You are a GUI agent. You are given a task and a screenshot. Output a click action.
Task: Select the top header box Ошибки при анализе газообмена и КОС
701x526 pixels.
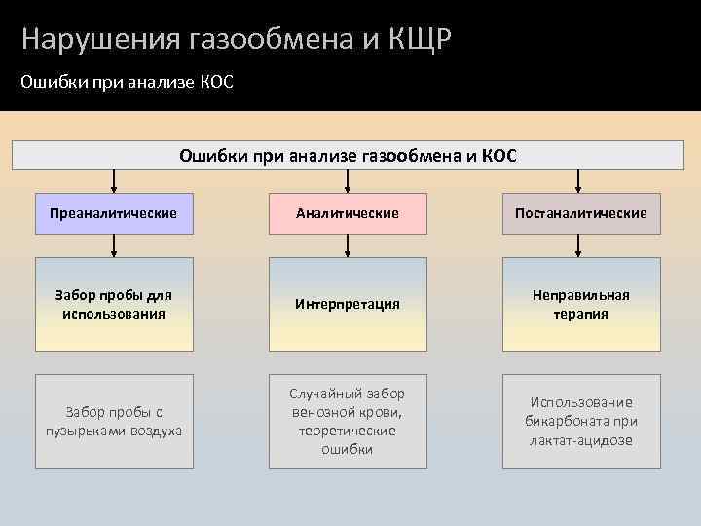(349, 155)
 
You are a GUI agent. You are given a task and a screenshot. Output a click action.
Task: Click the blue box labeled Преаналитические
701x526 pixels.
(114, 212)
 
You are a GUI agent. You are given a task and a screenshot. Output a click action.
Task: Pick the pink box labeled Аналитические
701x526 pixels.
(348, 212)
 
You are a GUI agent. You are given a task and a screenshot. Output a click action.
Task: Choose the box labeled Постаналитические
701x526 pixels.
(581, 212)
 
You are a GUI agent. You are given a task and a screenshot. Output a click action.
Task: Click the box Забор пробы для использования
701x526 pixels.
(114, 304)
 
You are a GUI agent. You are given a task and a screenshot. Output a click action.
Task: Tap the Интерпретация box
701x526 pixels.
(348, 304)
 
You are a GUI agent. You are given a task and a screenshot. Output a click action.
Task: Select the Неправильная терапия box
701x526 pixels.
(581, 304)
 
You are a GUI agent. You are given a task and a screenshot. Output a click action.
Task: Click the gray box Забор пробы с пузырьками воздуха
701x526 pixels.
(114, 421)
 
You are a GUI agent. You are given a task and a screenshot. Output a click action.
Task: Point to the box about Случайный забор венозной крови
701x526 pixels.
(348, 421)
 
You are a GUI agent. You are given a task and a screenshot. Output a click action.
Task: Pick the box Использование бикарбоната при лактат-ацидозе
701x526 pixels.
(581, 421)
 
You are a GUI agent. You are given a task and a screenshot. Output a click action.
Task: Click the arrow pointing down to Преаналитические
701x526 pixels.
(115, 182)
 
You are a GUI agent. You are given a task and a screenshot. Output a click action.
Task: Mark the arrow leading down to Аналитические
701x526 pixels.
(348, 182)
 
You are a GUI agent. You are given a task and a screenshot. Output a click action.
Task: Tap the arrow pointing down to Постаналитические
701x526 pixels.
(581, 182)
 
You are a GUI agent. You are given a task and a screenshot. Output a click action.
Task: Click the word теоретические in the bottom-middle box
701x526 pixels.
(348, 431)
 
